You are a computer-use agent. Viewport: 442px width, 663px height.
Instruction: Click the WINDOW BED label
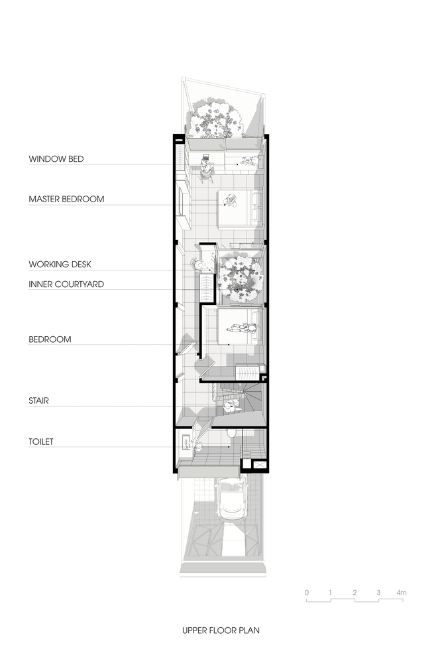[56, 159]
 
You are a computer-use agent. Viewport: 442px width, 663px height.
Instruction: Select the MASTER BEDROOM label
[66, 199]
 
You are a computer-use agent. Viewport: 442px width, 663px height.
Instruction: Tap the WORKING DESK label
[60, 265]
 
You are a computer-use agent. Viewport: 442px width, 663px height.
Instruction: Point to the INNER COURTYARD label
[66, 284]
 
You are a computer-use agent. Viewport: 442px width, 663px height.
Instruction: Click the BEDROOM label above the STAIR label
[50, 339]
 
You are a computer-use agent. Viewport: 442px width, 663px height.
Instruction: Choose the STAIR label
[39, 400]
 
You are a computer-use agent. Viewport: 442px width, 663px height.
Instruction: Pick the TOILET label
[41, 442]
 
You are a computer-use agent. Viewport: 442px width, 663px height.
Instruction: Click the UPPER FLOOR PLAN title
[221, 631]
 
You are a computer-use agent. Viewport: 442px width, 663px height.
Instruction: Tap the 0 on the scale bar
[307, 592]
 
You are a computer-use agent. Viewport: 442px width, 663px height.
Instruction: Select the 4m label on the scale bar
[402, 592]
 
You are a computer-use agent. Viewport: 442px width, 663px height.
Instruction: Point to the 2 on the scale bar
[355, 592]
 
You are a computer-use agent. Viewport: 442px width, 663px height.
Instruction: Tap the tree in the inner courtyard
[240, 276]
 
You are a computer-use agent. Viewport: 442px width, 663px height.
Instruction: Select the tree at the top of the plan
[215, 119]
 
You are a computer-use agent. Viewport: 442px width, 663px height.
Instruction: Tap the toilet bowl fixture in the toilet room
[231, 434]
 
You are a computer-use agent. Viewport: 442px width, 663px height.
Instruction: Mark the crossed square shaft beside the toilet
[258, 465]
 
